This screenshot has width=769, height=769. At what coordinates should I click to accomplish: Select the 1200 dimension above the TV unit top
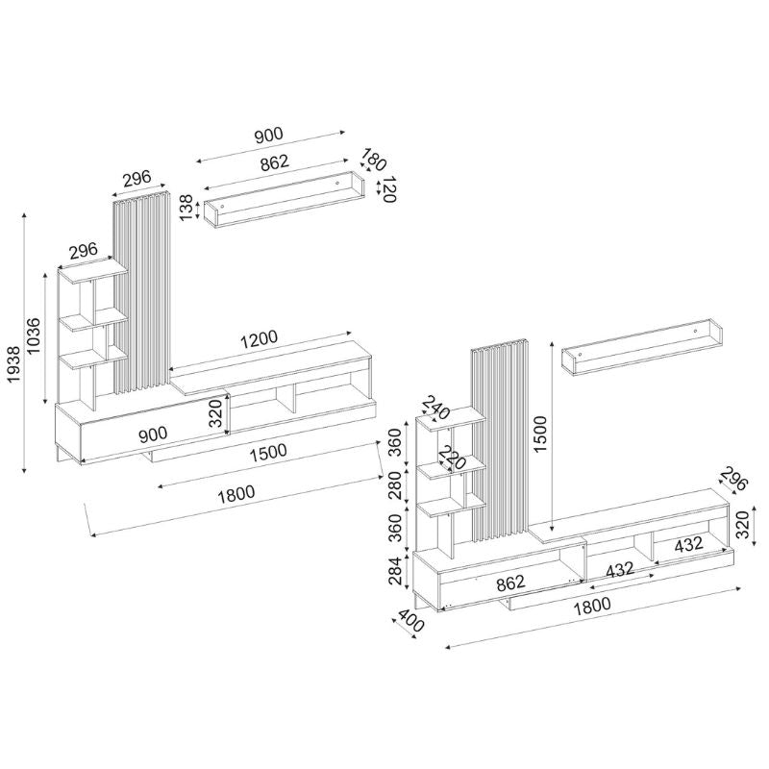click(x=259, y=337)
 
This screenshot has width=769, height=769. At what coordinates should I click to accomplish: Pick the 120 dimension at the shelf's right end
click(x=388, y=188)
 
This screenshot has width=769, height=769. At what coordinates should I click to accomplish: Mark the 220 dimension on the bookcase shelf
click(x=451, y=459)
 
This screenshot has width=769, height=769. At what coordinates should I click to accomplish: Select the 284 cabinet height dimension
click(x=395, y=573)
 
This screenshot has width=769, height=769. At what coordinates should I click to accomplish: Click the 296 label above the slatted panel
click(x=137, y=178)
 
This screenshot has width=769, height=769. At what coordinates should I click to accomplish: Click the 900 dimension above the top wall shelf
click(x=268, y=136)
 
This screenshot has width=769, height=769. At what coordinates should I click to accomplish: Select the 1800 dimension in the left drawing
click(x=236, y=492)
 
